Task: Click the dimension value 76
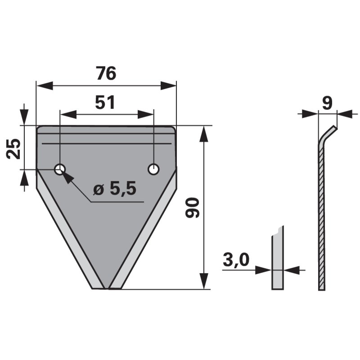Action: pos(106,73)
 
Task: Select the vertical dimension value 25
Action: pos(13,148)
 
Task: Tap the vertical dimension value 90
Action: pos(193,207)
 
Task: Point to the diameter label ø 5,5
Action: pos(115,188)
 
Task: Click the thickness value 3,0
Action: pos(236,260)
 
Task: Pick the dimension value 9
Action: pos(327,103)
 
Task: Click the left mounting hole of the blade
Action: pos(60,170)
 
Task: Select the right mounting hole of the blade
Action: pos(153,170)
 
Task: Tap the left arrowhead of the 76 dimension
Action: pos(45,85)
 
